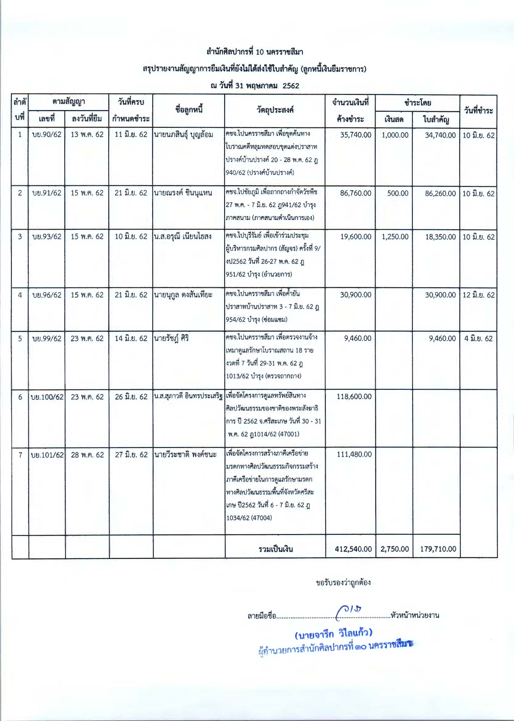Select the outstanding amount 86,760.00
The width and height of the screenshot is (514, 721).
tap(355, 193)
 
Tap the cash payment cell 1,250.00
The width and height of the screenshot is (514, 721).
tap(395, 237)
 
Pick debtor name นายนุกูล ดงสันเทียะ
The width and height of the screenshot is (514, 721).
tap(183, 295)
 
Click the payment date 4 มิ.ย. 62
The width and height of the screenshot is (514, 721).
tap(478, 338)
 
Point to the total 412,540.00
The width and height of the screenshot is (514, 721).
tap(353, 549)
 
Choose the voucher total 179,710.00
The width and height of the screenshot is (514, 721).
tap(438, 549)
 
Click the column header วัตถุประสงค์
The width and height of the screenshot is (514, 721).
tap(275, 110)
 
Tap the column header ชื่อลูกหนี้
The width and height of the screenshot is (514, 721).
tap(189, 110)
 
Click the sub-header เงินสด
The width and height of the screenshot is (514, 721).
tap(394, 119)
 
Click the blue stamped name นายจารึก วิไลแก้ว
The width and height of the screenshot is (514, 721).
tap(333, 633)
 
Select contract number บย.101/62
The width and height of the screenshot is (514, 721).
tap(47, 455)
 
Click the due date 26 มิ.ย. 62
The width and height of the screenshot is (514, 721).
tap(131, 397)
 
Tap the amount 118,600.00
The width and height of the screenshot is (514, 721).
tap(354, 397)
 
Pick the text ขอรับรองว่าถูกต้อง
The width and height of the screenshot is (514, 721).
tap(343, 582)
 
